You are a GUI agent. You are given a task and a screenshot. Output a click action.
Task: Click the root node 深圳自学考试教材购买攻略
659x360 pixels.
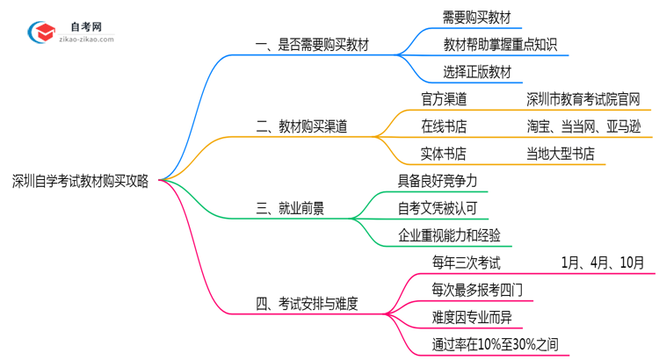click(x=80, y=182)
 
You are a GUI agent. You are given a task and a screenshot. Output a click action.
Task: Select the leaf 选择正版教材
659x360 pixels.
click(x=477, y=72)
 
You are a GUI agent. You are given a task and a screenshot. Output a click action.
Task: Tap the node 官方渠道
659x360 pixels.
click(x=444, y=98)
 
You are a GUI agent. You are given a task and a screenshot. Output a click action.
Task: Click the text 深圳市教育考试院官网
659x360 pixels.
click(x=583, y=98)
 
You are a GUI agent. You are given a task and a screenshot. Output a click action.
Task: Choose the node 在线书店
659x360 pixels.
click(x=444, y=126)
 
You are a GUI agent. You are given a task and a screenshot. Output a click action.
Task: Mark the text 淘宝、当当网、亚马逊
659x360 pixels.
click(x=583, y=126)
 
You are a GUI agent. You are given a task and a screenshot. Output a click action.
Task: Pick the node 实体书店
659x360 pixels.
click(x=444, y=155)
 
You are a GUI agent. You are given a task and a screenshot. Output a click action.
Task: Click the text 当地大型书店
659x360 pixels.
click(x=561, y=155)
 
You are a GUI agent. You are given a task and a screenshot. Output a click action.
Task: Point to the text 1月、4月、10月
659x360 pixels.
click(x=602, y=263)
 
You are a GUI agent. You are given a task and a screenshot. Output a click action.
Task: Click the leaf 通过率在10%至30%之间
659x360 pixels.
click(x=495, y=345)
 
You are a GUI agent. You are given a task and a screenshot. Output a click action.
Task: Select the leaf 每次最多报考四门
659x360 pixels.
click(x=475, y=290)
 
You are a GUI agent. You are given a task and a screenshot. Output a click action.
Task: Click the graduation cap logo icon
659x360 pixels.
click(x=41, y=32)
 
